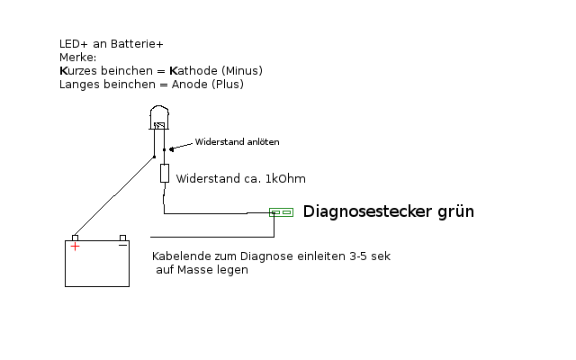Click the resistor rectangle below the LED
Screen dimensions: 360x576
click(x=165, y=174)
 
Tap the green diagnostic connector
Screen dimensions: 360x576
click(x=282, y=213)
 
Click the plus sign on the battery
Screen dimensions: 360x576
click(x=75, y=245)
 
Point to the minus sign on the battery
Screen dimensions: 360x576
click(x=122, y=245)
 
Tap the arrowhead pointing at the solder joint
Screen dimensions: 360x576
click(x=174, y=146)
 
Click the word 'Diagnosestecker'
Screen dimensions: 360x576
click(x=358, y=212)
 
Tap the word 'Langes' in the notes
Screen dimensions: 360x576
click(x=79, y=85)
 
